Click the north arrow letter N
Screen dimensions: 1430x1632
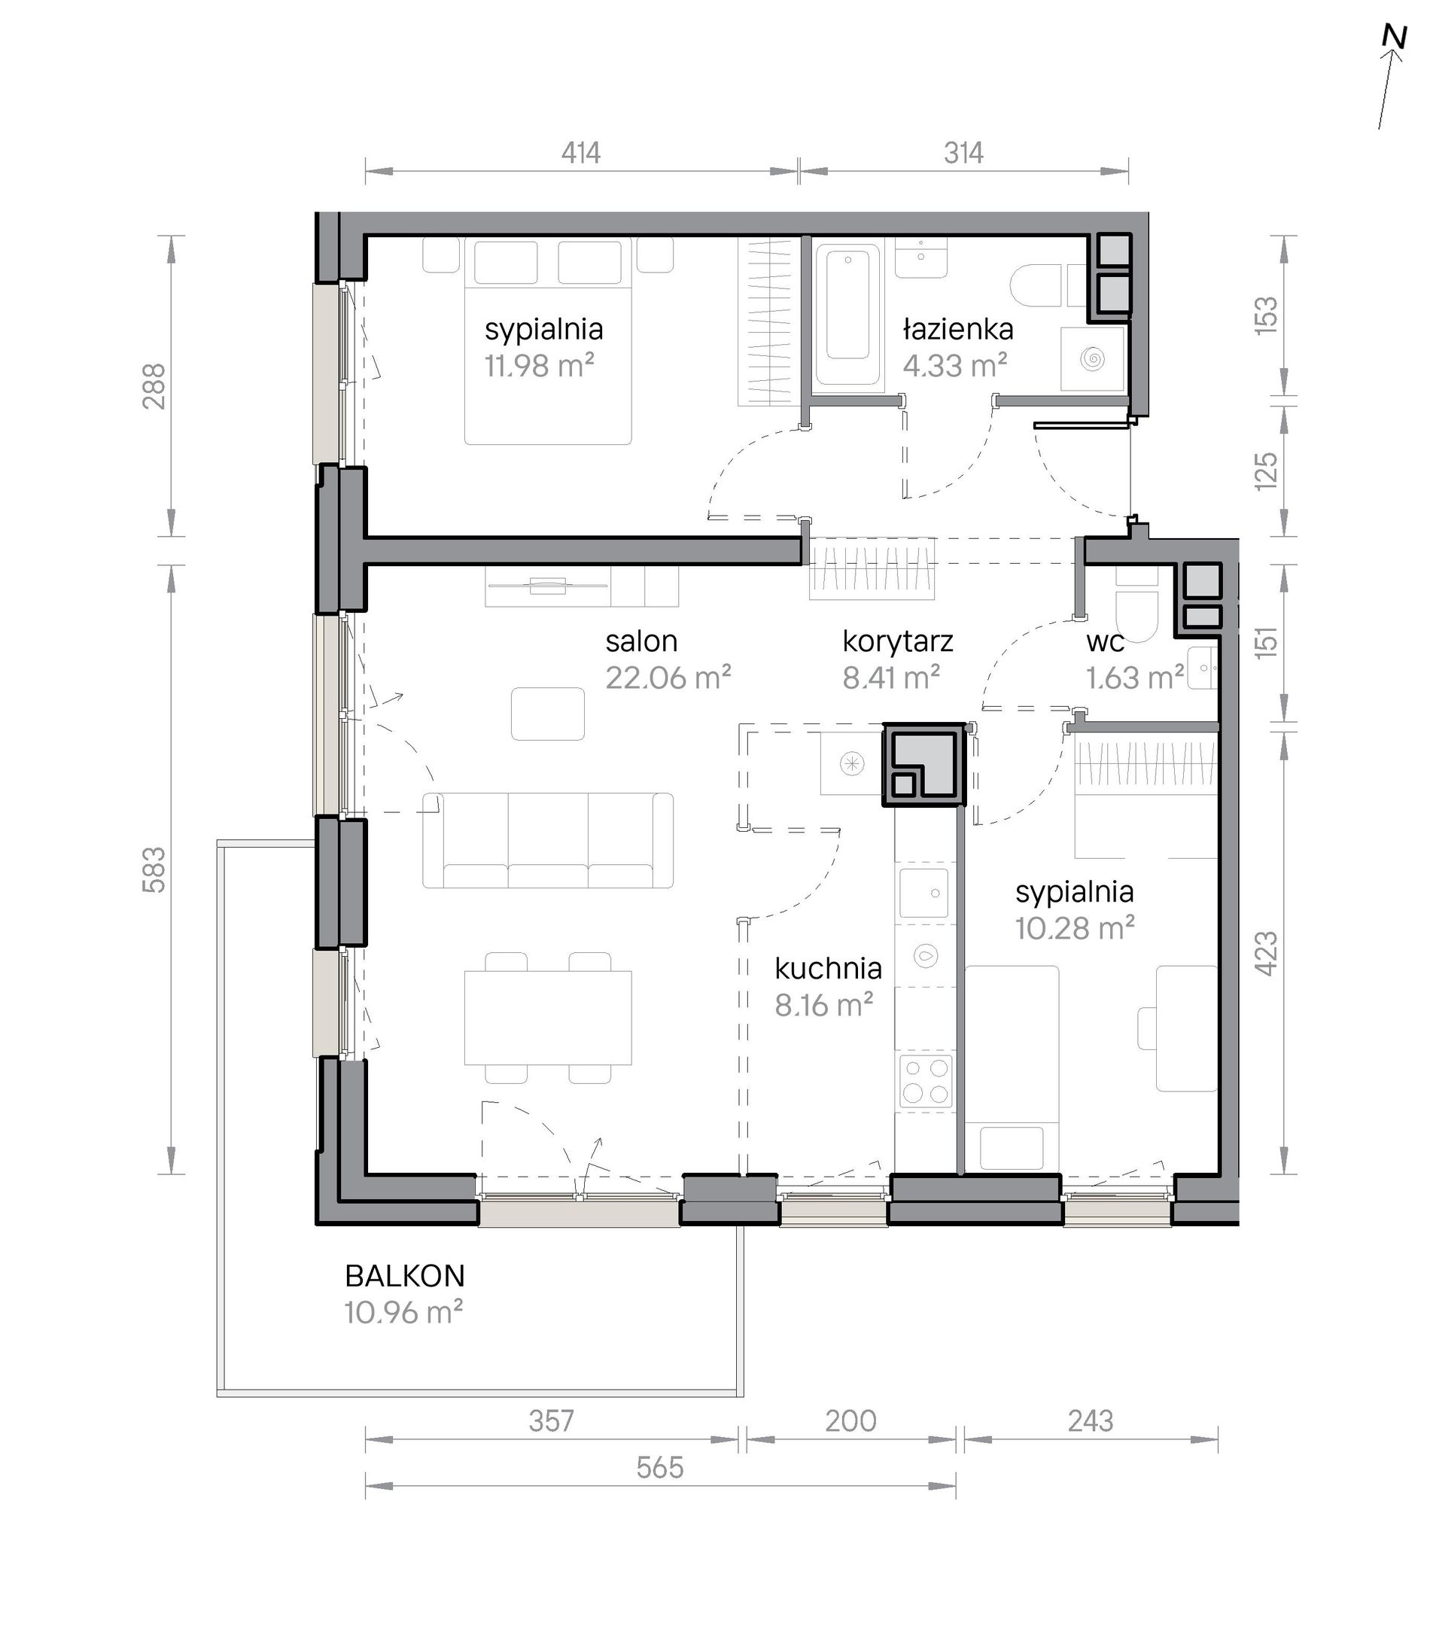coord(1394,38)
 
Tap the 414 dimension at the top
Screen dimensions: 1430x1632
coord(580,152)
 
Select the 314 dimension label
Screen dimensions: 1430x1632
coord(963,152)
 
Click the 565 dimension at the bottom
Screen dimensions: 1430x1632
coord(660,1468)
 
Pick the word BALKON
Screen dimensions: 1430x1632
coord(405,1276)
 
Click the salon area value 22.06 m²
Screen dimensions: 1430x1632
coord(668,677)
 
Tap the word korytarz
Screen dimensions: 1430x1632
coord(898,641)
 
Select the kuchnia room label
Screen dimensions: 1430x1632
coord(829,968)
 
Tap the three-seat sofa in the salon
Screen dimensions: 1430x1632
coord(547,839)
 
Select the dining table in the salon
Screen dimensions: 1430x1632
coord(547,1018)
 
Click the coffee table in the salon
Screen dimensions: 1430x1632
coord(547,714)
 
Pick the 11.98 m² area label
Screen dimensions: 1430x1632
coord(540,367)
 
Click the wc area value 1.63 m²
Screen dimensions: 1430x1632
coord(1135,677)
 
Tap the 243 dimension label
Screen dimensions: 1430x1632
coord(1090,1420)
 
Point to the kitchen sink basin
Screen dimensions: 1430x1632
coord(924,893)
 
